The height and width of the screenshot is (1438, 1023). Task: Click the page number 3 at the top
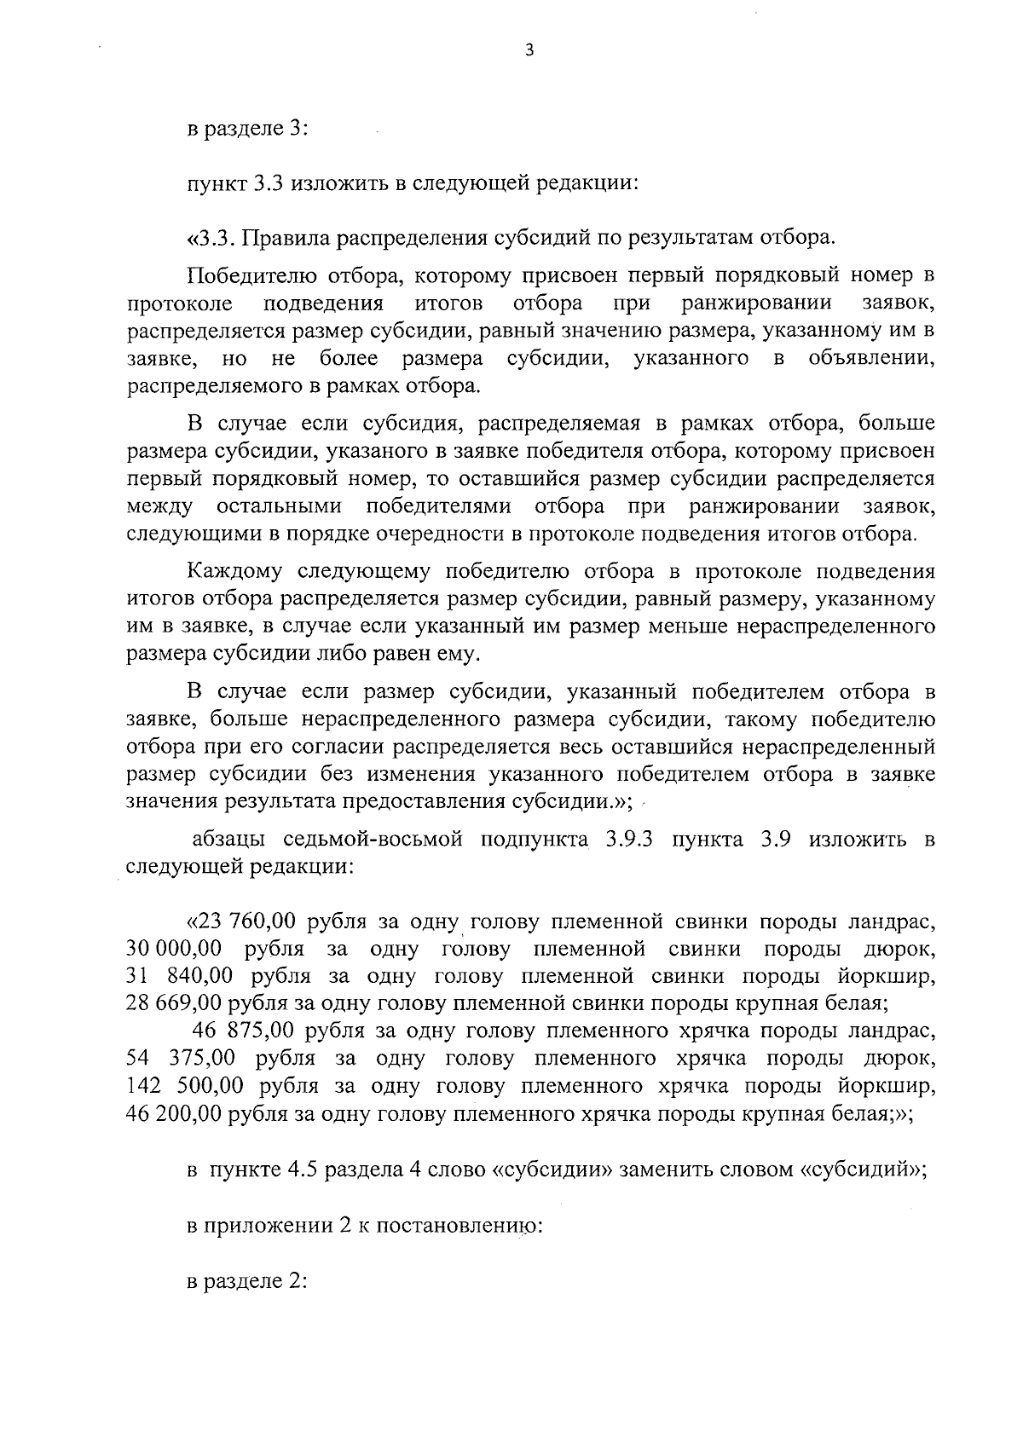pyautogui.click(x=529, y=50)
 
